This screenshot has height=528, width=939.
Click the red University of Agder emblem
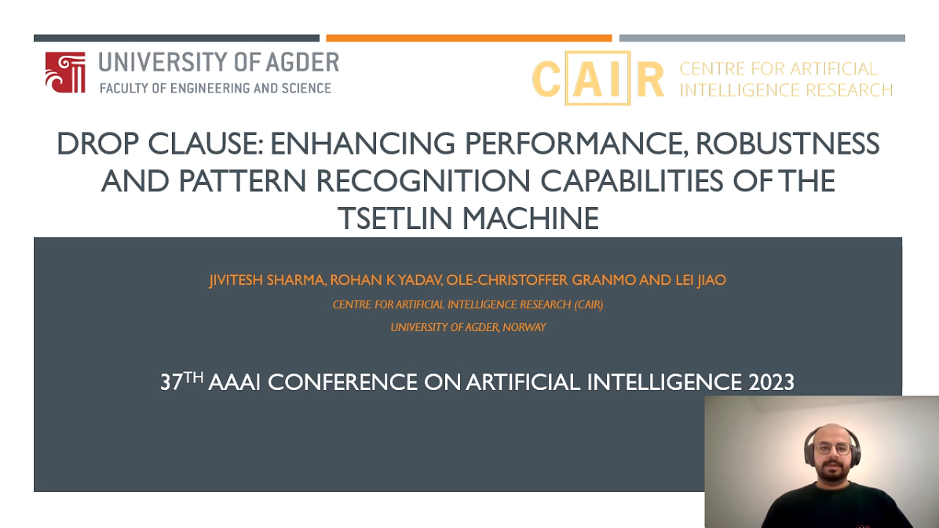pos(64,73)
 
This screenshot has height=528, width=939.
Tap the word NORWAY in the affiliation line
pos(525,327)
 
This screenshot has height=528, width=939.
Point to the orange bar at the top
pos(469,38)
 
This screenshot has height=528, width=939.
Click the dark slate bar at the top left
pos(176,38)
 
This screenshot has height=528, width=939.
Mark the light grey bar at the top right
pos(762,38)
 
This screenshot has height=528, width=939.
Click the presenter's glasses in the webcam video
pos(831,449)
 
